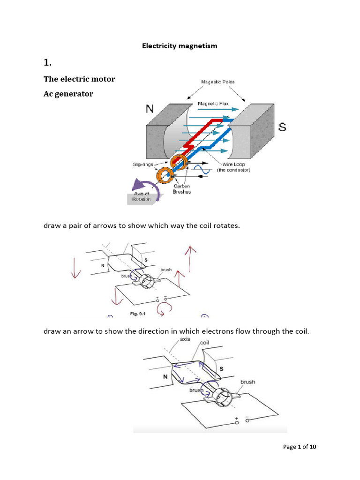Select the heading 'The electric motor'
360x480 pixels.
79,79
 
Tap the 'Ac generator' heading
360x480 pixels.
68,94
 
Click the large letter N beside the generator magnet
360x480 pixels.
150,109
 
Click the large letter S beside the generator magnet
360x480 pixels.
282,127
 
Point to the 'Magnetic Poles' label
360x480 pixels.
218,82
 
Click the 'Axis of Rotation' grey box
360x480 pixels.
141,196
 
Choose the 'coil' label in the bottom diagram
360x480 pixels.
205,342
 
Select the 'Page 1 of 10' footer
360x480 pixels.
300,447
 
